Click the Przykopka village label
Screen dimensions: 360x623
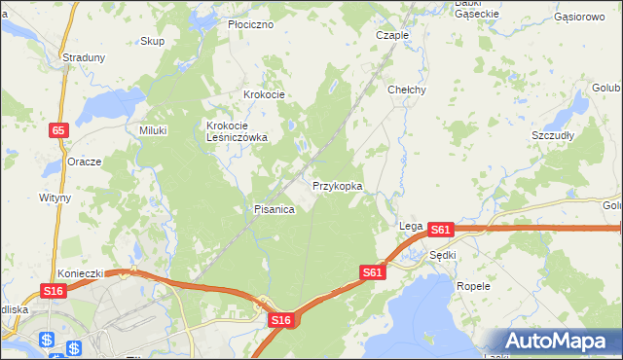(338, 185)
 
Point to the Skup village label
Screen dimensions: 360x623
(152, 41)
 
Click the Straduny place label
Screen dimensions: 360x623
(84, 57)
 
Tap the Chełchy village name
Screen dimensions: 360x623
(407, 90)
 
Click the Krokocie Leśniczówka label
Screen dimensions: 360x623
(237, 131)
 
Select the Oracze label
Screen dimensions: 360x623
(85, 162)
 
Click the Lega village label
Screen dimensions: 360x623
(409, 226)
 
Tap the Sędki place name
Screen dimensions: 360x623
(443, 255)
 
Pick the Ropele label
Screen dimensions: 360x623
(473, 287)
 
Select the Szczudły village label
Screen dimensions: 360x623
(553, 135)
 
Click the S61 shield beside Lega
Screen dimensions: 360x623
(440, 230)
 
